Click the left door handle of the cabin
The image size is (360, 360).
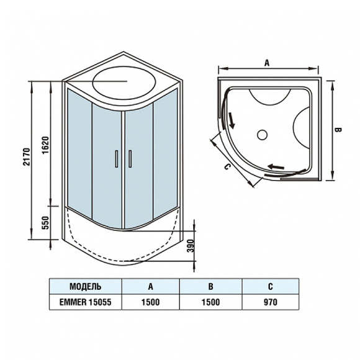coord(115,160)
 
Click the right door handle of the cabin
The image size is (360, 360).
coord(130,160)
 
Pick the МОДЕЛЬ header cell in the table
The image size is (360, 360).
coord(86,287)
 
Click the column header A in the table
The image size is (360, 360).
coord(151,287)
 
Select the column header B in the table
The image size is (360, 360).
coord(210,287)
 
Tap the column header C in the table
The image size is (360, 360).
coord(271,287)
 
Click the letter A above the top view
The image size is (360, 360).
coord(267,63)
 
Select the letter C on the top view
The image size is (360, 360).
coord(227,167)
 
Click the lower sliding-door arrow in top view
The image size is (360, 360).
coord(277,166)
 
